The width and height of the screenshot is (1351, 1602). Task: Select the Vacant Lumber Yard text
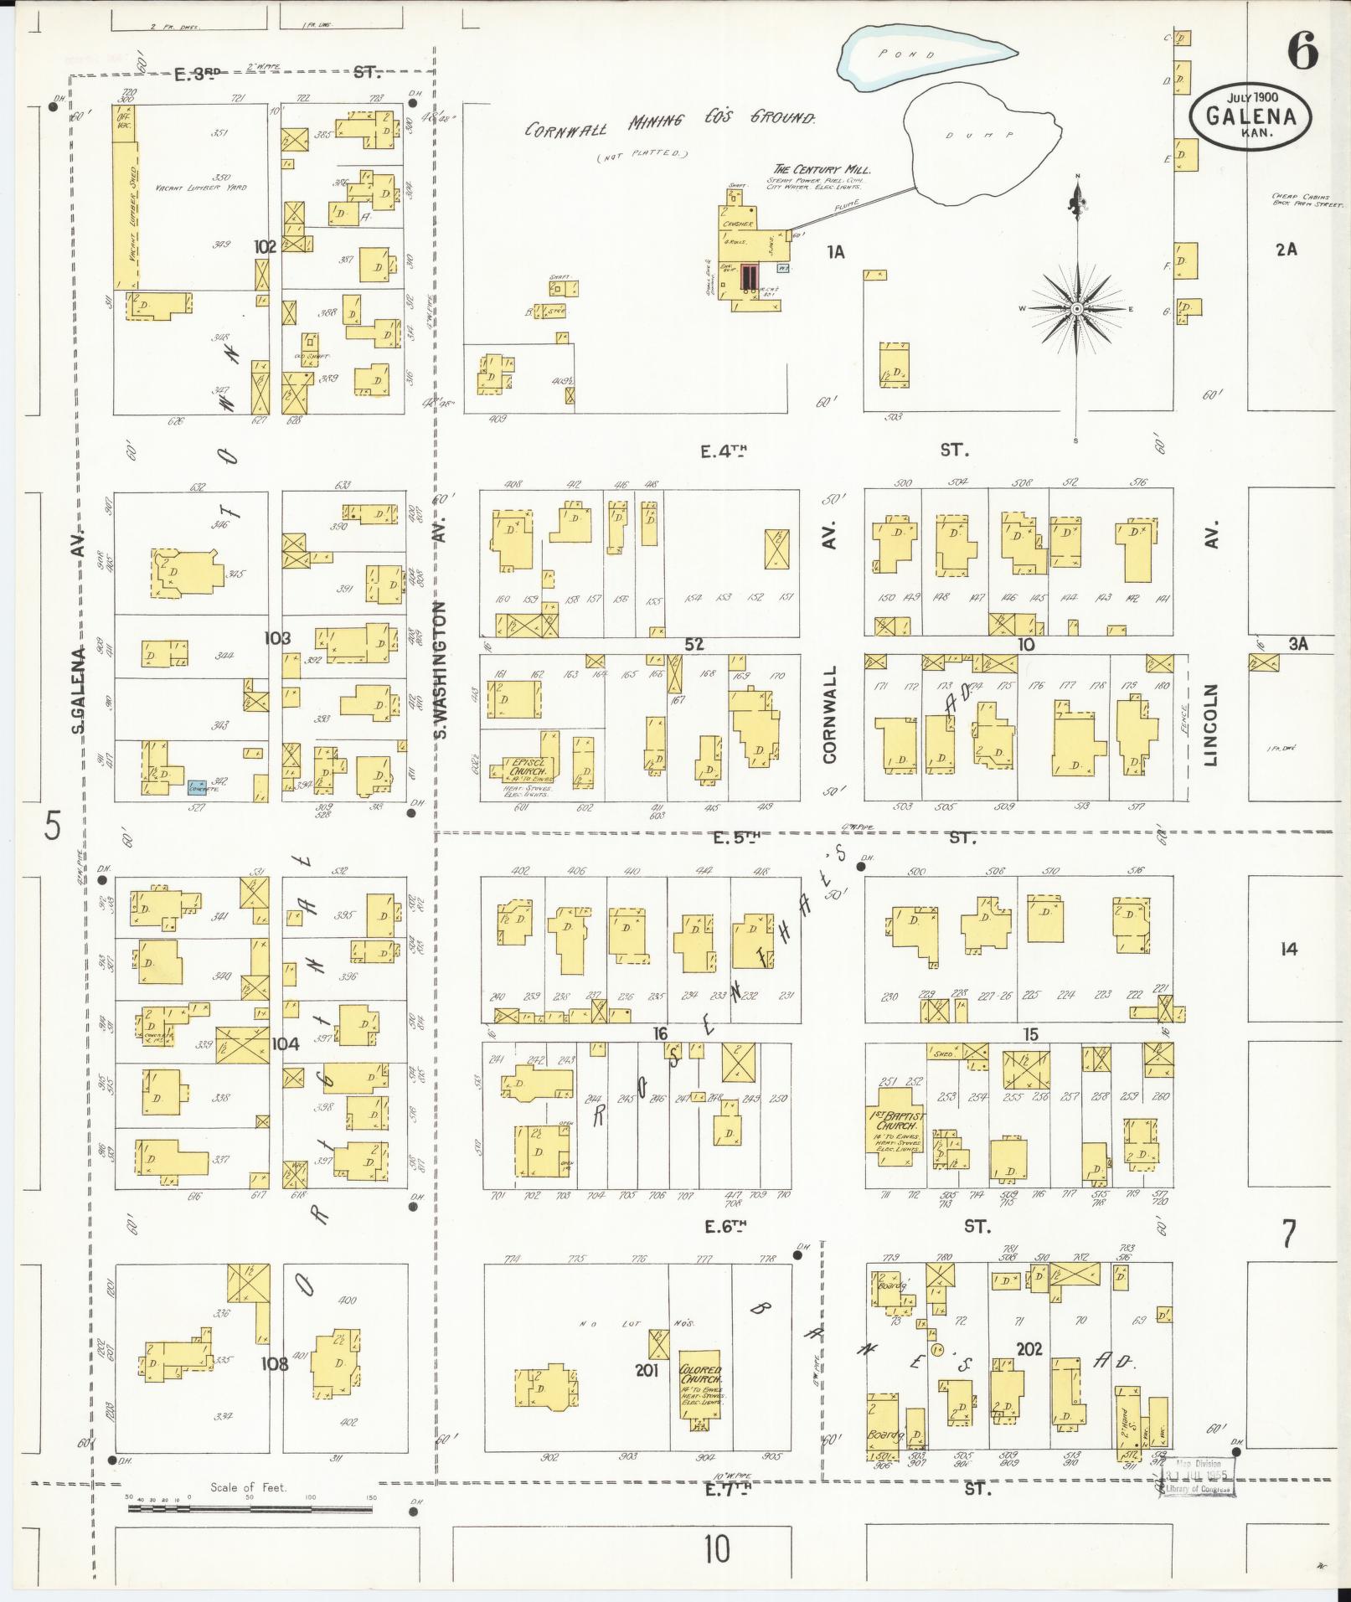[201, 188]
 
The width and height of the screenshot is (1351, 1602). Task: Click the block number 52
[694, 644]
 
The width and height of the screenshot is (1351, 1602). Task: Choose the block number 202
[1029, 1349]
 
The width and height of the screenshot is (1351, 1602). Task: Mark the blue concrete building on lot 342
[198, 785]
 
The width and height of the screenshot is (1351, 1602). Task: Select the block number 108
[274, 1363]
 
